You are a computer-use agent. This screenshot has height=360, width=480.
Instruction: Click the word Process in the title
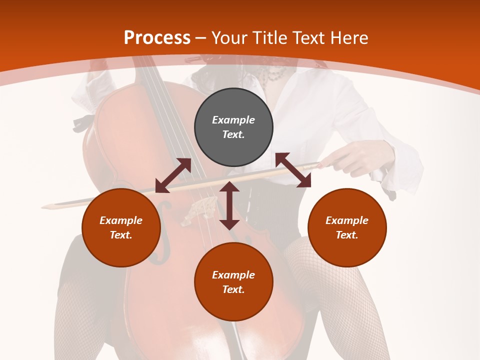[157, 38]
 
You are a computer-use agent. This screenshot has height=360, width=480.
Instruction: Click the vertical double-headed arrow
[229, 205]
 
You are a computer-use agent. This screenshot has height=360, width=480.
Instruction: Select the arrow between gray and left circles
[173, 175]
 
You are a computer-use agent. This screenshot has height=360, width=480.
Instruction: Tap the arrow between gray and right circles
[293, 170]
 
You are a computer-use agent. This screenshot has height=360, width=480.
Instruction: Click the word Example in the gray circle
[233, 120]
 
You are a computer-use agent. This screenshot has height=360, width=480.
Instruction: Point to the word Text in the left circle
[120, 235]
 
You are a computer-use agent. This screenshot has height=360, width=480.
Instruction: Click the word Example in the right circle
[347, 220]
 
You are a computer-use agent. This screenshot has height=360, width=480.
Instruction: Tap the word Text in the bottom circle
[233, 289]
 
